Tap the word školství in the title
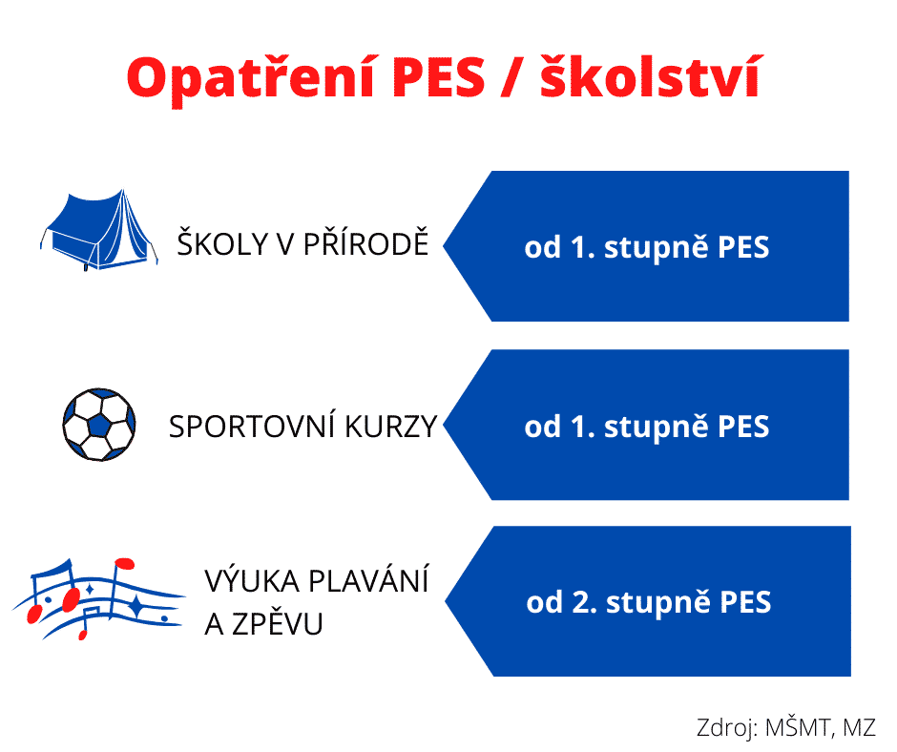pos(652,76)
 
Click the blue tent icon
pos(99,230)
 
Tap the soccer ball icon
pos(99,425)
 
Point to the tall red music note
pos(117,590)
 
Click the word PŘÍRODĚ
pos(365,243)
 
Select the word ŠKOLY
pos(223,243)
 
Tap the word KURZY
pos(390,427)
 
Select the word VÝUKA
pos(252,580)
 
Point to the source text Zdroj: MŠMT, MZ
pos(786,728)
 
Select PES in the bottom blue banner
pos(745,602)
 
